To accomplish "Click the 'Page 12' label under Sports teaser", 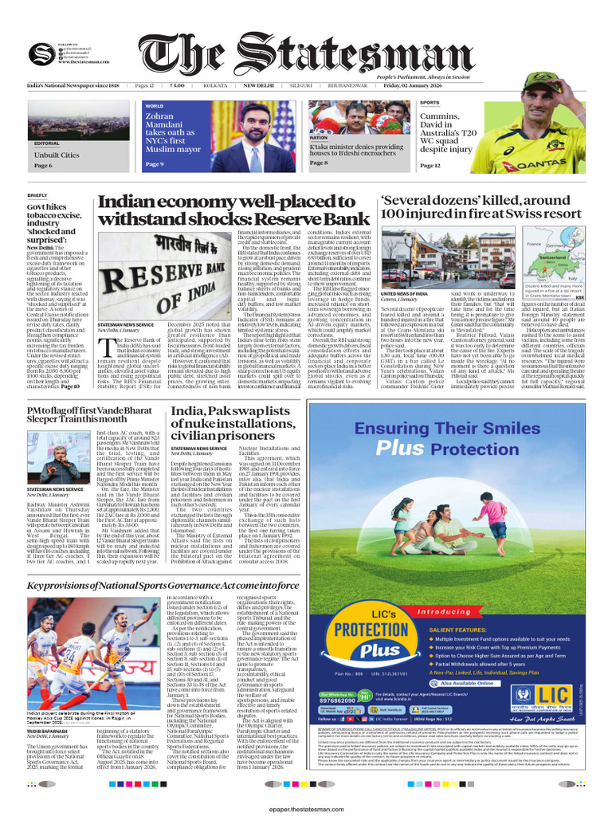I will [x=430, y=166].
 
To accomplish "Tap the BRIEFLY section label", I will [x=37, y=194].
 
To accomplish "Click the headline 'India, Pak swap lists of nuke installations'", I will [x=231, y=422].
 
